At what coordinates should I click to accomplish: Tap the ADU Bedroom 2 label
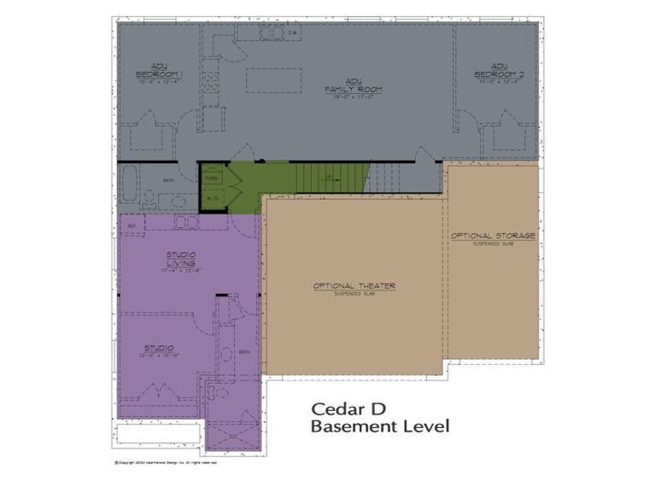point(498,70)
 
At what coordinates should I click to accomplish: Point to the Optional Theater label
point(354,285)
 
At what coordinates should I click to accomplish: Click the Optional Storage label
point(493,235)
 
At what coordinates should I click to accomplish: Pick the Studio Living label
point(180,259)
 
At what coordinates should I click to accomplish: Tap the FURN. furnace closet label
point(211,179)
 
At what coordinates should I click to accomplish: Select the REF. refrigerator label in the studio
point(132,226)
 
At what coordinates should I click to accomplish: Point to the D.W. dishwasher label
point(291,34)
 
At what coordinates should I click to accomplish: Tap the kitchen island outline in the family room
point(272,80)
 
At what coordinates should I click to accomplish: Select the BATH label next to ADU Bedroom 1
point(168,179)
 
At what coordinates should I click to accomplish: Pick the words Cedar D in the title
point(347,408)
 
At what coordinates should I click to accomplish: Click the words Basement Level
point(379,425)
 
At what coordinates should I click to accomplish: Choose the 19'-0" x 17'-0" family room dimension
point(352,97)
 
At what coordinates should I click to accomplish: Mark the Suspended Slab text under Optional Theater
point(354,295)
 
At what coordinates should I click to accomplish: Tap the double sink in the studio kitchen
point(187,223)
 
